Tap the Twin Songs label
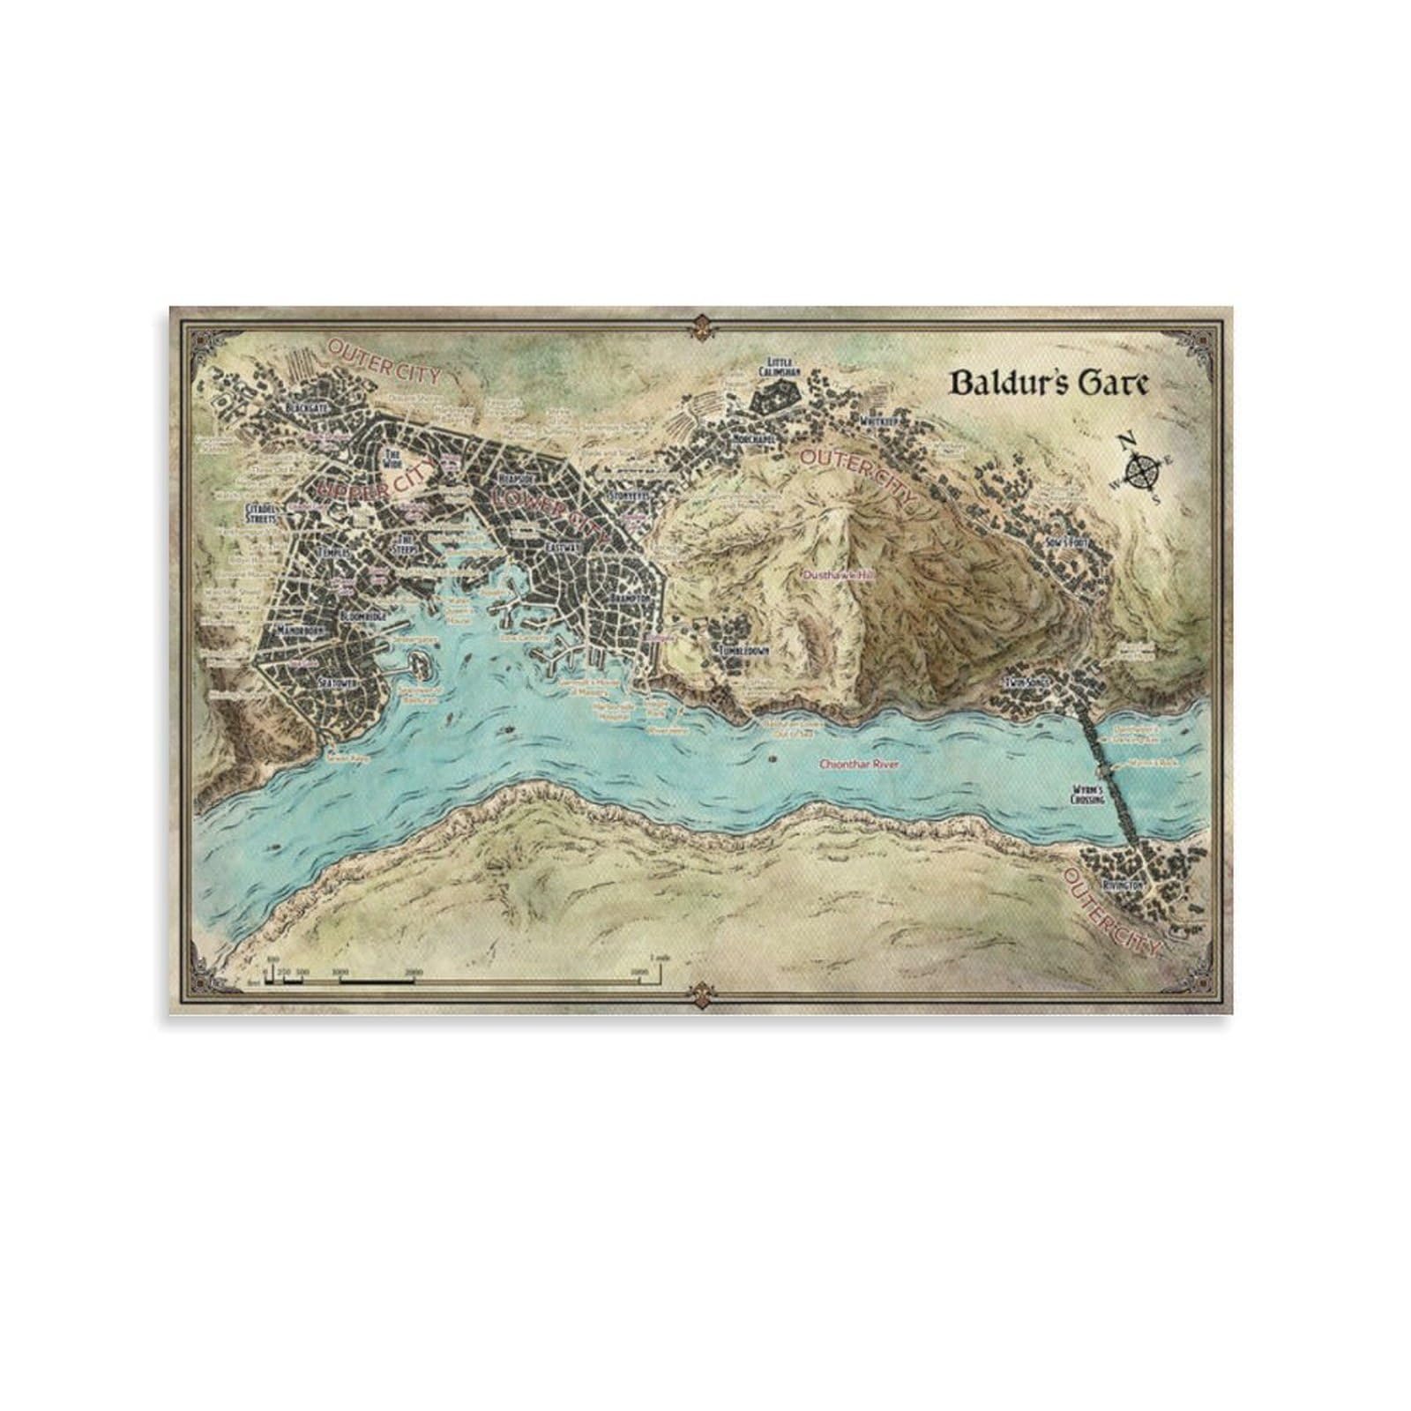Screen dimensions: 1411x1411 tap(1024, 684)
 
